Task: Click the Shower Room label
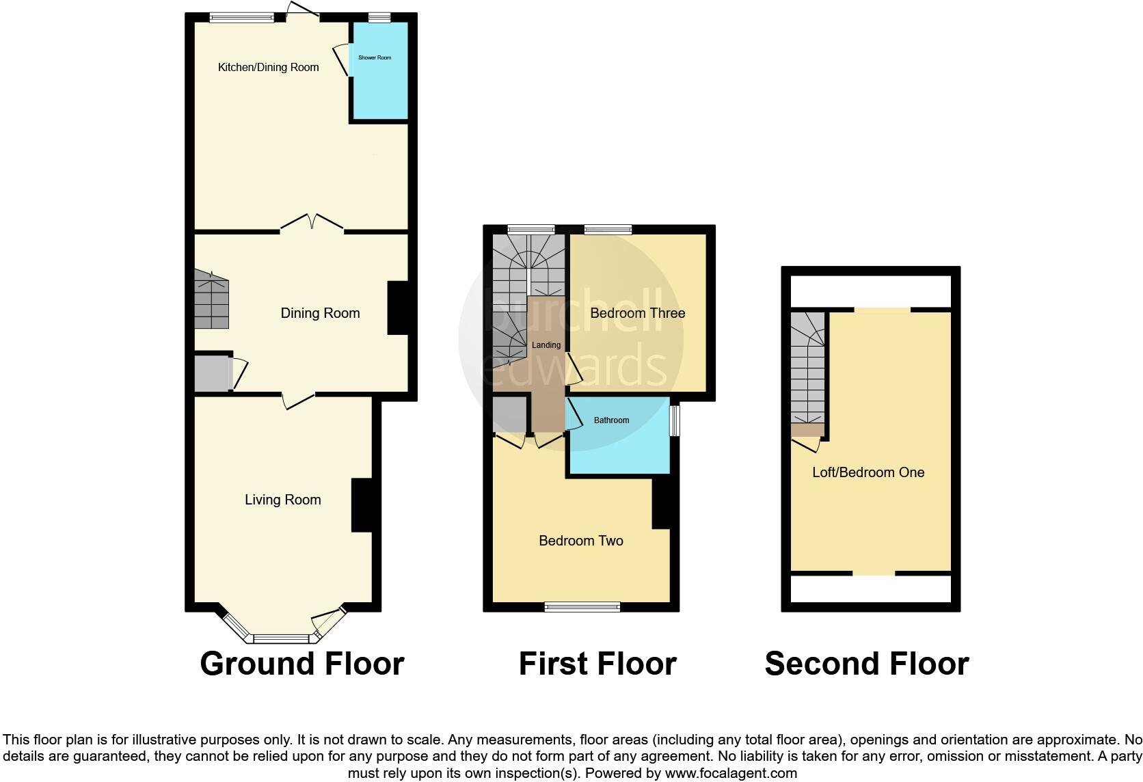tap(375, 57)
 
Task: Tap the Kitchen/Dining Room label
tap(268, 67)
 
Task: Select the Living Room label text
tap(282, 500)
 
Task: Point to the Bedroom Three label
tap(637, 313)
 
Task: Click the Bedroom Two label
tap(580, 541)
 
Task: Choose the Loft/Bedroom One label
tap(868, 472)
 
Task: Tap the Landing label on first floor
tap(546, 345)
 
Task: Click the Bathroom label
tap(611, 420)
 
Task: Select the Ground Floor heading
tap(301, 663)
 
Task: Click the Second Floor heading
tap(866, 663)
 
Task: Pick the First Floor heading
tap(597, 663)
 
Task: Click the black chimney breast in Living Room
tap(362, 505)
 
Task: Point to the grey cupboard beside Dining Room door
tap(211, 373)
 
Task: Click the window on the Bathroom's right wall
tap(674, 421)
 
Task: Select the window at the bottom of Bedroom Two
tap(582, 606)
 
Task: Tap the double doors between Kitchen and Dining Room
tap(312, 224)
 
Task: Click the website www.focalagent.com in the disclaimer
tap(730, 773)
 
